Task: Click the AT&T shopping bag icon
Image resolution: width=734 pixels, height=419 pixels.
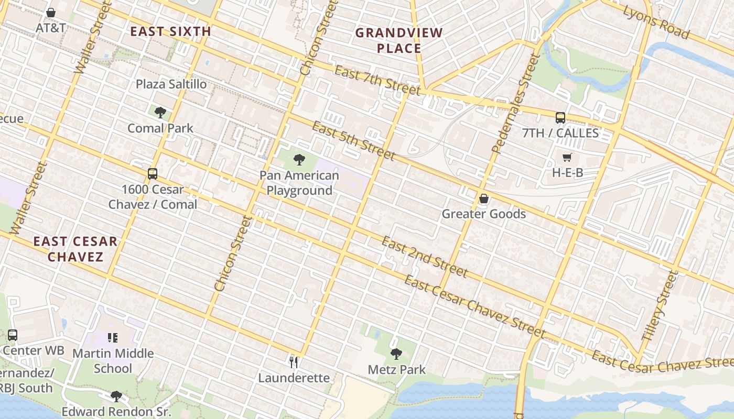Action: coord(51,12)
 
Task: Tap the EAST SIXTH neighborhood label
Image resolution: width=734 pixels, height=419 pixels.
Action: coord(170,31)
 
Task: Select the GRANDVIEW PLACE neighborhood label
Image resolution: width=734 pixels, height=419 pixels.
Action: coord(399,41)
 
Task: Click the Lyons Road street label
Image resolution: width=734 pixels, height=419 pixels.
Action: coord(656,22)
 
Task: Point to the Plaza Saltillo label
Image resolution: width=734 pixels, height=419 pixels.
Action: coord(171,84)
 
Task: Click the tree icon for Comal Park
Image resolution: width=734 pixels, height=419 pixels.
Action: coord(160,112)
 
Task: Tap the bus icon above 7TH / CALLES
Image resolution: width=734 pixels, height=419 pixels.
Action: coord(560,117)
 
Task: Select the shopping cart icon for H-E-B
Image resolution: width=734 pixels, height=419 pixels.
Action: coord(567,157)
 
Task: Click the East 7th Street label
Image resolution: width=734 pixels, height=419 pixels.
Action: coord(377,81)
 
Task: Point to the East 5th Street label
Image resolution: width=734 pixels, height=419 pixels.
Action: coord(353,140)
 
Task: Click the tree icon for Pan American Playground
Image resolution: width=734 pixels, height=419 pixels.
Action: coord(299,159)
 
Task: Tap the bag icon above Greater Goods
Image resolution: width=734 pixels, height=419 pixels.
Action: coord(483,199)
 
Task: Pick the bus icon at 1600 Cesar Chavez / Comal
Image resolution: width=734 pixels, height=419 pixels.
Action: coord(153,173)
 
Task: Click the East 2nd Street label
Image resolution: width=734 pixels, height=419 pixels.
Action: coord(424,256)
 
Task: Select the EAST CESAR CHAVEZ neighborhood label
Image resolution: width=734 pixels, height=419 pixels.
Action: coord(75,249)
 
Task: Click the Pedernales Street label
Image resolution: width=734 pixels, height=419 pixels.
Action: coord(515,103)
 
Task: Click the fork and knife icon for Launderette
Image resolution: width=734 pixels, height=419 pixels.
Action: coord(294,362)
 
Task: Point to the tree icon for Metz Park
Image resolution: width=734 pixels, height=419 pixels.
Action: coord(396,354)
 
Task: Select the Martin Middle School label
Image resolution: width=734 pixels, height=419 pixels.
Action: coord(113,360)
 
